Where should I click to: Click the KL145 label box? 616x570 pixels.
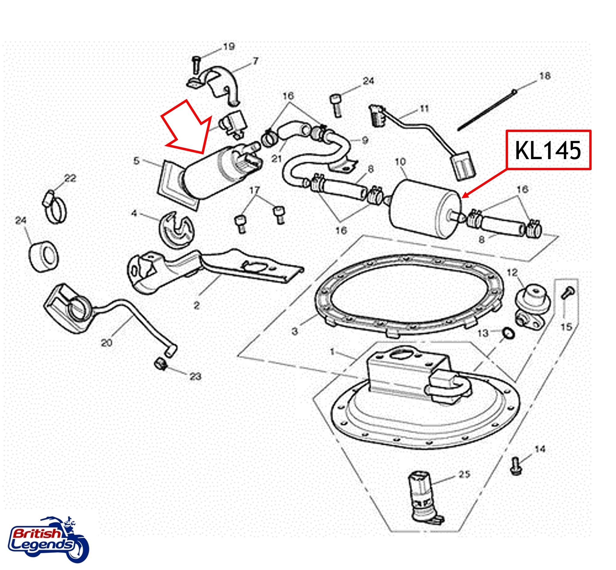(548, 150)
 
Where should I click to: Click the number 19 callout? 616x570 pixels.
(229, 47)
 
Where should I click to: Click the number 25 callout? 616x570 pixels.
(464, 474)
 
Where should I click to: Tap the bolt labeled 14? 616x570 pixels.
(515, 466)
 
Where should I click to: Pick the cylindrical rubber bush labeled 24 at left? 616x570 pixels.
(44, 255)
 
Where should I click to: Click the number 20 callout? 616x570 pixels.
(107, 342)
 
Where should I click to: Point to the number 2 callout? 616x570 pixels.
(197, 305)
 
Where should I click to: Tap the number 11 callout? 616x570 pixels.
(424, 109)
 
